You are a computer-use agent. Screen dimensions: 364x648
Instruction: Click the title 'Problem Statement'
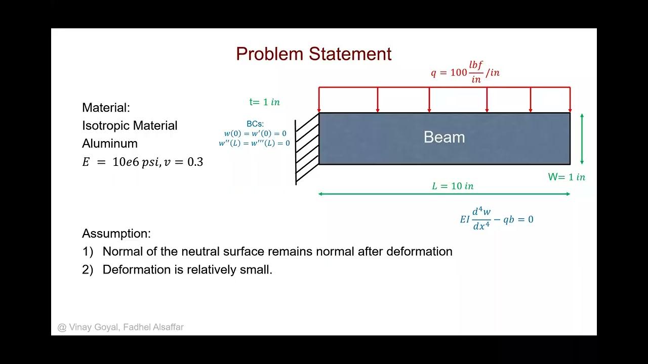tap(313, 54)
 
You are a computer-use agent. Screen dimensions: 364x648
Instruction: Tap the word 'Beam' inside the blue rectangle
tap(444, 138)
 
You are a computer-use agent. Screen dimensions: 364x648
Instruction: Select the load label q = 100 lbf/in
tap(465, 72)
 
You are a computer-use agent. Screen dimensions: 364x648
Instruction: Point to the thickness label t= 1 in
tap(264, 102)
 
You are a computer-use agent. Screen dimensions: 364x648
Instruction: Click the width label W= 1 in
tap(566, 177)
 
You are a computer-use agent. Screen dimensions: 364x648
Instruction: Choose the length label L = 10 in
tap(453, 186)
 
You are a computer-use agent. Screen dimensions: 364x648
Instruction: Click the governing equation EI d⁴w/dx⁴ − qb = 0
tap(496, 219)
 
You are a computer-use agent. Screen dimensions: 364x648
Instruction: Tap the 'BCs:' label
tap(255, 124)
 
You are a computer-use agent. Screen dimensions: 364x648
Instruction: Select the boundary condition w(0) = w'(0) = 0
tap(255, 133)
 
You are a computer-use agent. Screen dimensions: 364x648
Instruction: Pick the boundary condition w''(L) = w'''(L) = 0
tap(254, 143)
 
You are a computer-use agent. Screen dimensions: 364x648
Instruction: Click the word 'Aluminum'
tap(110, 144)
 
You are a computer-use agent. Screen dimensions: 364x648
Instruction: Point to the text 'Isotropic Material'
tap(130, 126)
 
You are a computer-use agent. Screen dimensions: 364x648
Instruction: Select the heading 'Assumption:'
tap(116, 234)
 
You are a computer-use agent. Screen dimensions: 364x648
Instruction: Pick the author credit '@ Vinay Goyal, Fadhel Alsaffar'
tap(120, 327)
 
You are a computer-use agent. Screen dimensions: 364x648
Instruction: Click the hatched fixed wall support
tap(306, 149)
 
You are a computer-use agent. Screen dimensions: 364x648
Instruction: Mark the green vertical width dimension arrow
tap(582, 139)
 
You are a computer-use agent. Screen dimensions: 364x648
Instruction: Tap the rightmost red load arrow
tap(570, 100)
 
